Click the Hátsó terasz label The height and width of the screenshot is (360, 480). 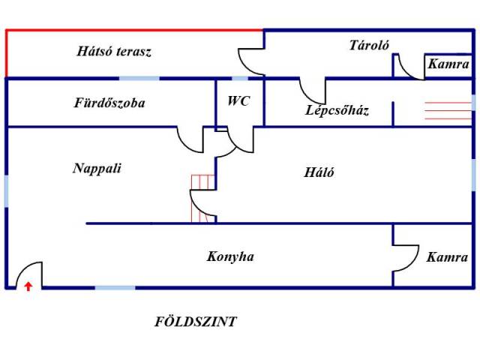(x=114, y=52)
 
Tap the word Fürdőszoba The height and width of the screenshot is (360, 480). (x=109, y=103)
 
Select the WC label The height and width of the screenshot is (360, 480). (x=238, y=100)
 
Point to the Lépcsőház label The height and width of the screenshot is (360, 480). (x=337, y=111)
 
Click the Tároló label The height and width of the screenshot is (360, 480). (x=369, y=45)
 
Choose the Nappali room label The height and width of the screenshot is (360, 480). (x=97, y=168)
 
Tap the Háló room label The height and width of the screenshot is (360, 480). (x=319, y=172)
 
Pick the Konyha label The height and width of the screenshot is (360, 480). (x=230, y=256)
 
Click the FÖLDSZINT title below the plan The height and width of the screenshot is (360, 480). (x=195, y=322)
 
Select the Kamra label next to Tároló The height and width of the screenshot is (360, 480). (x=448, y=64)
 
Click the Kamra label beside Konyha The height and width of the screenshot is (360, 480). (x=447, y=257)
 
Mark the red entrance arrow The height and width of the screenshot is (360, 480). (x=28, y=285)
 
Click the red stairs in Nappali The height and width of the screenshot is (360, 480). (x=202, y=198)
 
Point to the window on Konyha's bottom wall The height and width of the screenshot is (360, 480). (x=115, y=287)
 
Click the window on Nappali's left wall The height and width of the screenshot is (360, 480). (x=7, y=190)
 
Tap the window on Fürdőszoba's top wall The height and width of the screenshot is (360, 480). (x=139, y=78)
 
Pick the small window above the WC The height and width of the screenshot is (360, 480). (x=240, y=78)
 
